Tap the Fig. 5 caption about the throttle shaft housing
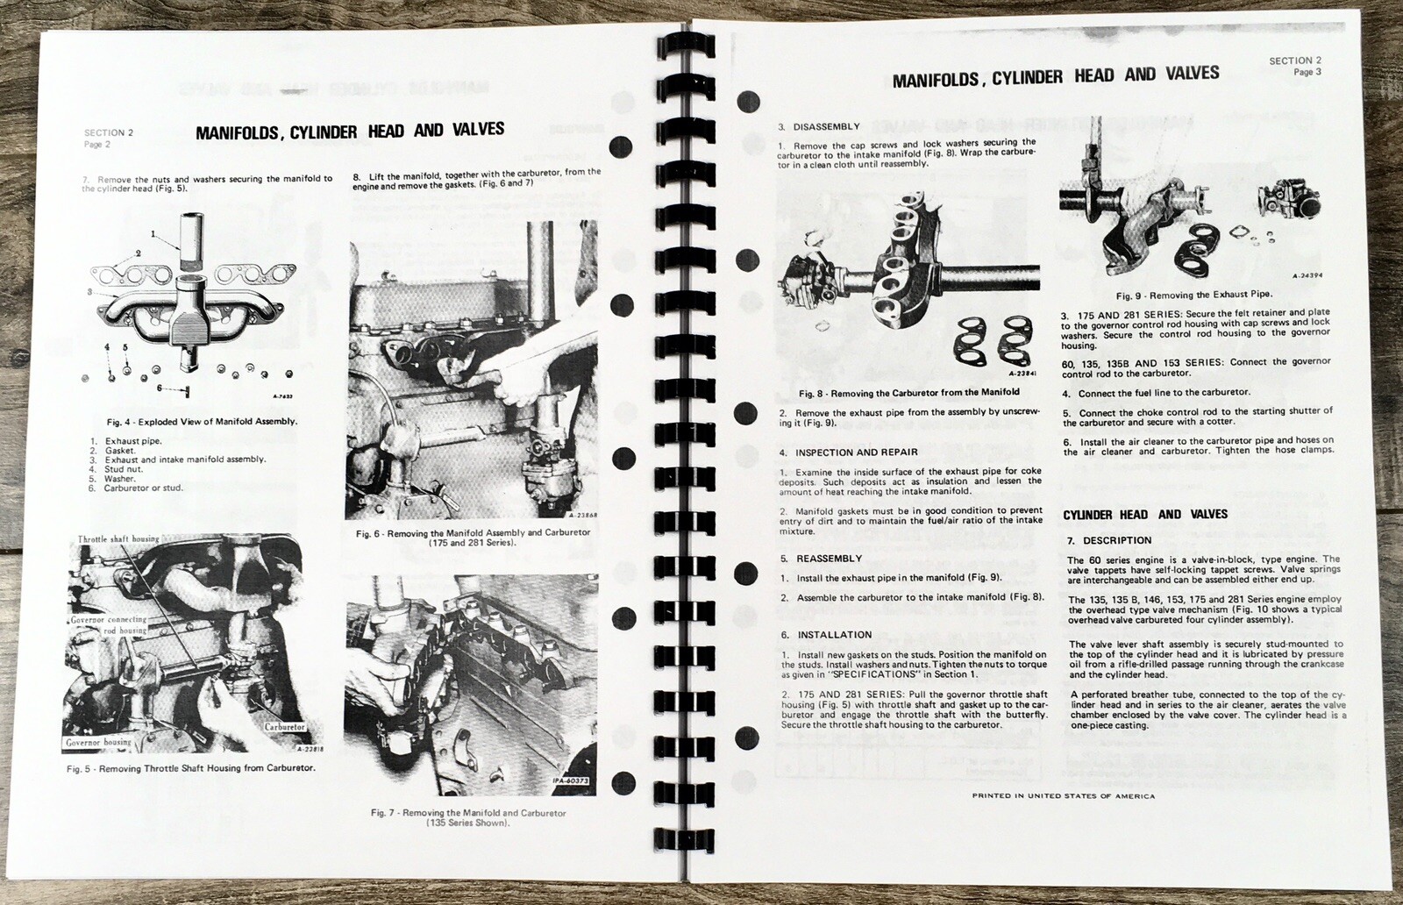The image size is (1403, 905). (191, 768)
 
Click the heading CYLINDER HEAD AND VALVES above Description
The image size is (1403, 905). (1144, 514)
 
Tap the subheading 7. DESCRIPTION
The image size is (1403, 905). (1109, 540)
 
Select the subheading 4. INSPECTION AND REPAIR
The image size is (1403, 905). (848, 452)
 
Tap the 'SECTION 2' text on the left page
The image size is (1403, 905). (109, 133)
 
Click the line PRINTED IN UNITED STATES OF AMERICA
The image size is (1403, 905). (1063, 796)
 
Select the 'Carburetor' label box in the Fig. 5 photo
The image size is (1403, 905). (282, 727)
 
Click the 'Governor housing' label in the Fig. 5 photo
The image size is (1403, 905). (98, 742)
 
